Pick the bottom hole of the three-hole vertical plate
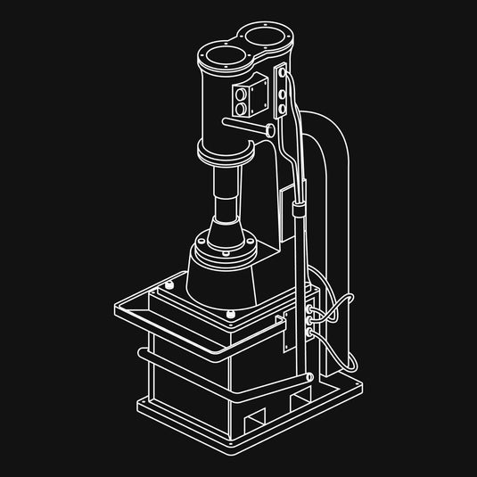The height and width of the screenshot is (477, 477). pyautogui.click(x=283, y=108)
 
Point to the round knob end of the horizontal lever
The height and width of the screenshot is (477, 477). pyautogui.click(x=267, y=129)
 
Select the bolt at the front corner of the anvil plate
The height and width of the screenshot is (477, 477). pyautogui.click(x=231, y=314)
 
